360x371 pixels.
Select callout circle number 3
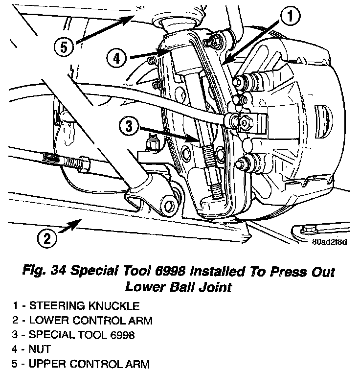point(129,126)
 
